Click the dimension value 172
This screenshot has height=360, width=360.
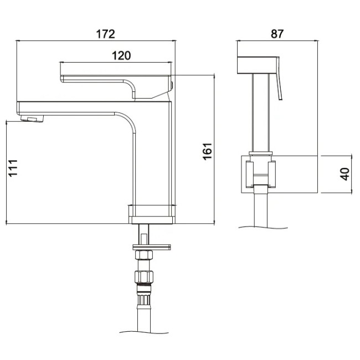pos(105,34)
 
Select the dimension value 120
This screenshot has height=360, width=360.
pos(121,55)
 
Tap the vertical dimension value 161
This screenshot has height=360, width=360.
pos(207,151)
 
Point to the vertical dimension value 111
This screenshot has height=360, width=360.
pos(13,168)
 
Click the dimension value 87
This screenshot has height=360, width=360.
pos(277,34)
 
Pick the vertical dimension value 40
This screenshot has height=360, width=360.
pos(344,174)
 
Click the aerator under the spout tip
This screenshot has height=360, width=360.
pos(32,119)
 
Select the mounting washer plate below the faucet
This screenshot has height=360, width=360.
pos(152,247)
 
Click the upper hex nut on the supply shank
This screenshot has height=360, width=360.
pos(144,255)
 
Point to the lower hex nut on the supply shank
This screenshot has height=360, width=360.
pos(144,277)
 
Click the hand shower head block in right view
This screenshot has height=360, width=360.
pos(256,65)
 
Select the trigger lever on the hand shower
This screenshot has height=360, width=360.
pos(279,78)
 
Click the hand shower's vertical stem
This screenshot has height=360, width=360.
pos(261,112)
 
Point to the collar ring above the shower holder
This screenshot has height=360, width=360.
pos(261,153)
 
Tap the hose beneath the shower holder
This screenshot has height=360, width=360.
pos(261,207)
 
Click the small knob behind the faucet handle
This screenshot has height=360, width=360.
pos(172,85)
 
